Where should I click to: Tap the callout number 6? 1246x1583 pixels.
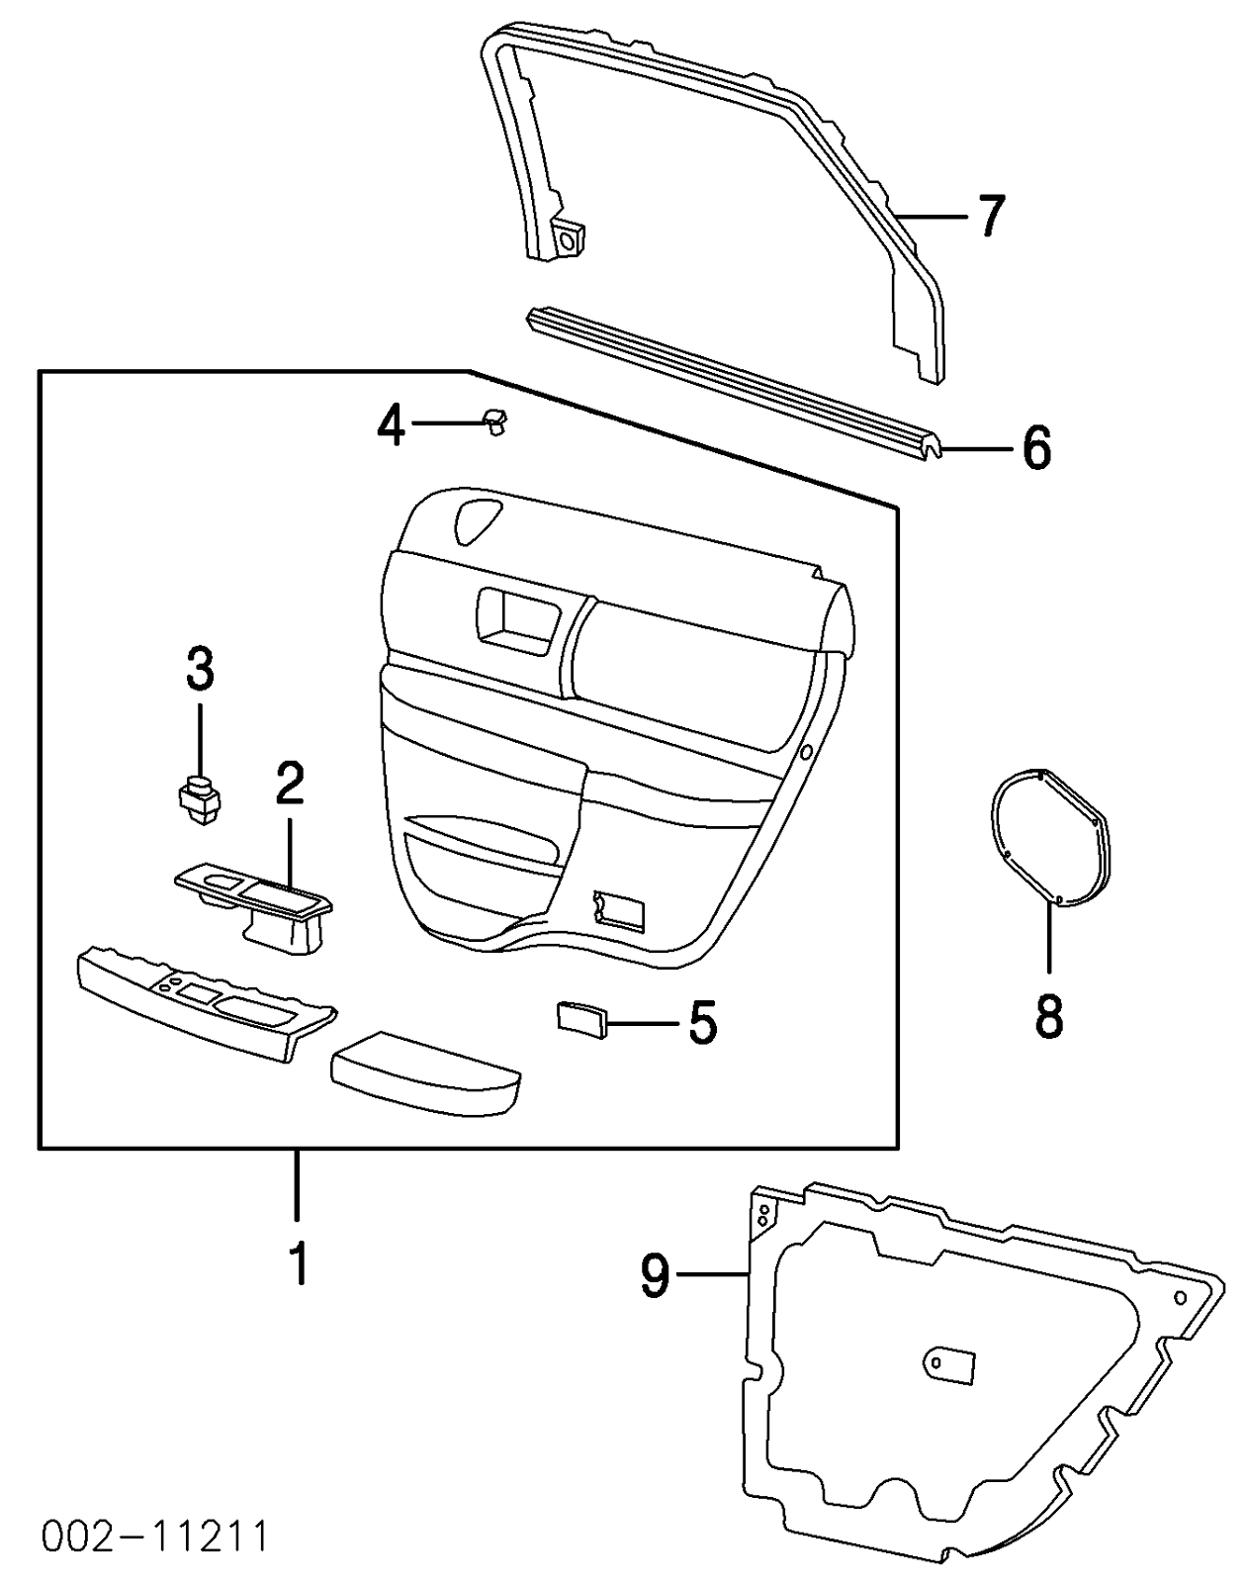point(1035,449)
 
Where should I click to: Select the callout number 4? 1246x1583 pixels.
point(392,425)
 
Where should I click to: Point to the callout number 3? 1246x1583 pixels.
point(200,670)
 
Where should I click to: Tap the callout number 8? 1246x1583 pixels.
point(1048,1016)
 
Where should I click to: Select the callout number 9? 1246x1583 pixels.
point(656,1275)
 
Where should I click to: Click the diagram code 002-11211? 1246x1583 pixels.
point(155,1536)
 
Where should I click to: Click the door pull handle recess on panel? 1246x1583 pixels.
point(516,619)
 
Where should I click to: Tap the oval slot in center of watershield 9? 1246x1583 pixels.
point(949,1363)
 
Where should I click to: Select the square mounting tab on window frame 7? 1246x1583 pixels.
point(569,237)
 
